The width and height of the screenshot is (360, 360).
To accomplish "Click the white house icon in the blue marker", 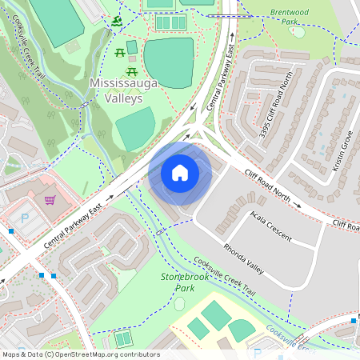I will click(180, 172).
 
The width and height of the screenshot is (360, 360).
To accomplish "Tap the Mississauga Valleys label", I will click(116, 90).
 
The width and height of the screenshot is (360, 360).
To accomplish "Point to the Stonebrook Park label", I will click(178, 282).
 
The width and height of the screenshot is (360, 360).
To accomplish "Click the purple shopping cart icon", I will click(50, 200).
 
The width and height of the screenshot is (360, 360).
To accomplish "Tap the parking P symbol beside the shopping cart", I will click(24, 217).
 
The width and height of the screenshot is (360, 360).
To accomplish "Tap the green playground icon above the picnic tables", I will click(118, 21).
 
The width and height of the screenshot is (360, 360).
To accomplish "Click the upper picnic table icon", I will click(119, 52).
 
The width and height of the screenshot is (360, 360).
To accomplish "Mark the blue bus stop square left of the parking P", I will click(11, 231).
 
